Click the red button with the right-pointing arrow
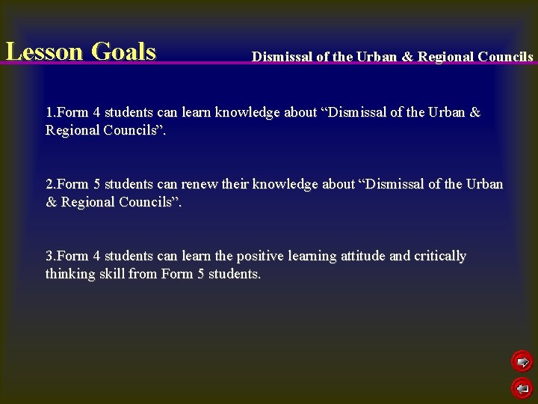(x=522, y=363)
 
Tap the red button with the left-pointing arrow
(x=522, y=388)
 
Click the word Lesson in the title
(x=44, y=52)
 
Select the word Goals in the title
(x=123, y=52)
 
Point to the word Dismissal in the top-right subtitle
(x=282, y=57)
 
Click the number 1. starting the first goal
(x=51, y=113)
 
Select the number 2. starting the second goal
(x=51, y=184)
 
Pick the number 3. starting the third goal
(x=51, y=256)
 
